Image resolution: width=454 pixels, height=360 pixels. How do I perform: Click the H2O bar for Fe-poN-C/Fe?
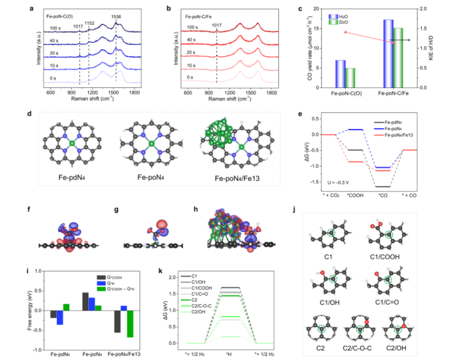[x=388, y=54]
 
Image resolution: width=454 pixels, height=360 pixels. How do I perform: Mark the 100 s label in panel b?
[x=194, y=26]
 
